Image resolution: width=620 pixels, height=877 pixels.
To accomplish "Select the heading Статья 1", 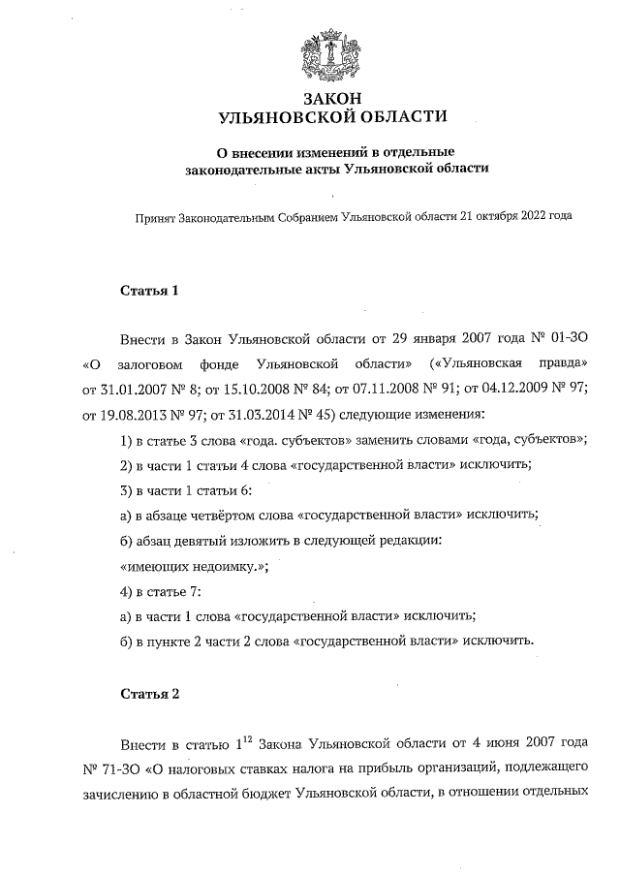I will (x=150, y=290).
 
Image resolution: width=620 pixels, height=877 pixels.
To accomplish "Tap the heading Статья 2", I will (x=150, y=694).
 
